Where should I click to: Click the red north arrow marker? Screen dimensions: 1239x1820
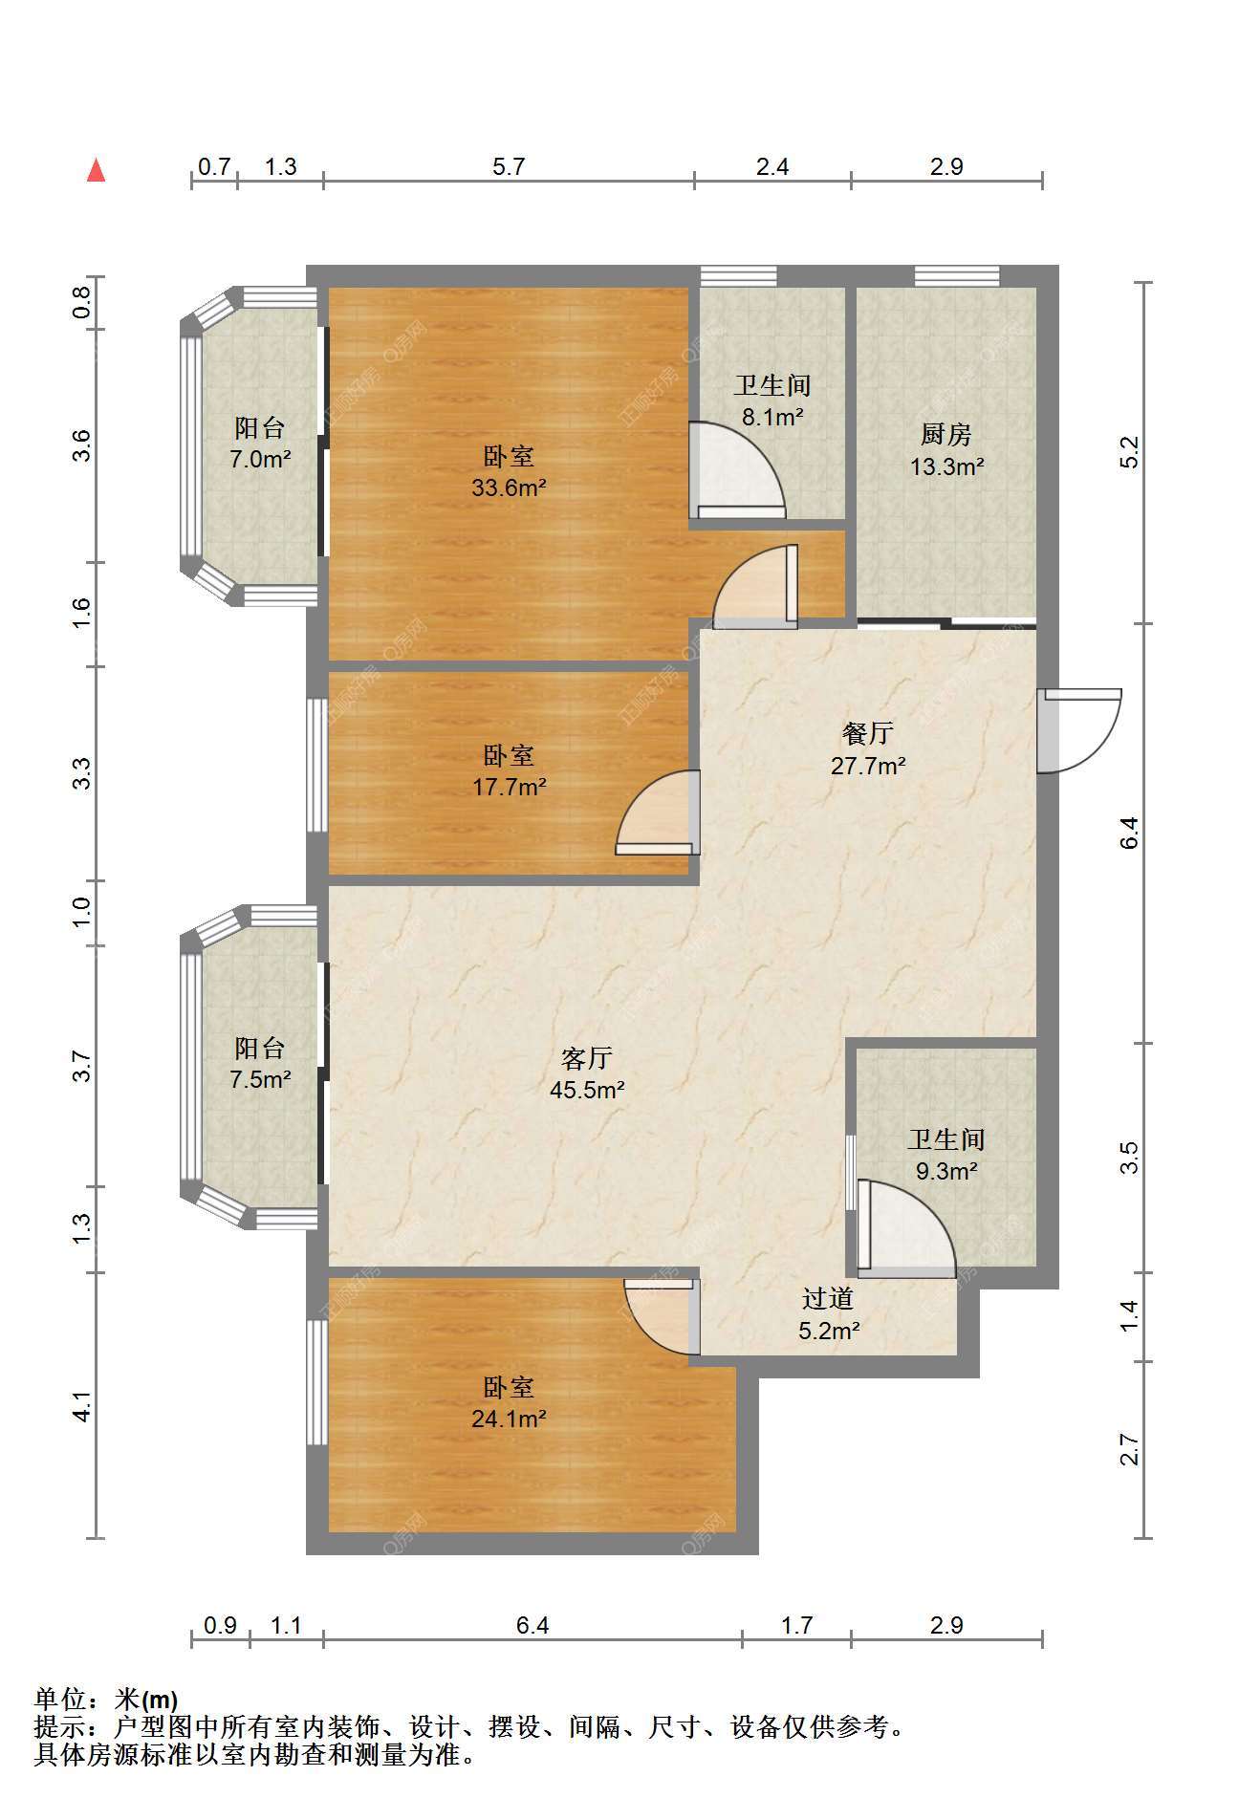pos(96,170)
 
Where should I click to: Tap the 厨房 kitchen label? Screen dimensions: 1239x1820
pos(946,435)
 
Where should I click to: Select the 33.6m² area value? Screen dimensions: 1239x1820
pos(509,487)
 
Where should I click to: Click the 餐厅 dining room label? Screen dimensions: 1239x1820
pos(868,733)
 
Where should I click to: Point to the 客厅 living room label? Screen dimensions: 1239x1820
pos(587,1058)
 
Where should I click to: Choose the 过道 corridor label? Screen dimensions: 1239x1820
pos(828,1298)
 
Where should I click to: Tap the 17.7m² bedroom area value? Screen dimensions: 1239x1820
pos(509,787)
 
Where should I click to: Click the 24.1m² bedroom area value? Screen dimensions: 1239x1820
pos(509,1419)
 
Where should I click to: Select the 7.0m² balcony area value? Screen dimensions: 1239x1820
pos(259,459)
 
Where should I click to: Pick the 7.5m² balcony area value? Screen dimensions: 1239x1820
pos(259,1080)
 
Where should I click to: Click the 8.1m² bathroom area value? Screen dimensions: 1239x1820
pos(772,417)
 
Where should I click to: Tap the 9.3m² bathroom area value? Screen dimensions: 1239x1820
pos(946,1171)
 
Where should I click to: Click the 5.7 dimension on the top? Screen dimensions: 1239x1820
pos(509,166)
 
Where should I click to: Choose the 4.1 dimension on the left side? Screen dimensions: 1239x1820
pos(83,1406)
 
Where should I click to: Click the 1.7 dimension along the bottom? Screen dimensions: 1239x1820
pos(796,1625)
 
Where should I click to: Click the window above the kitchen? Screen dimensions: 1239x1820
pos(957,276)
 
